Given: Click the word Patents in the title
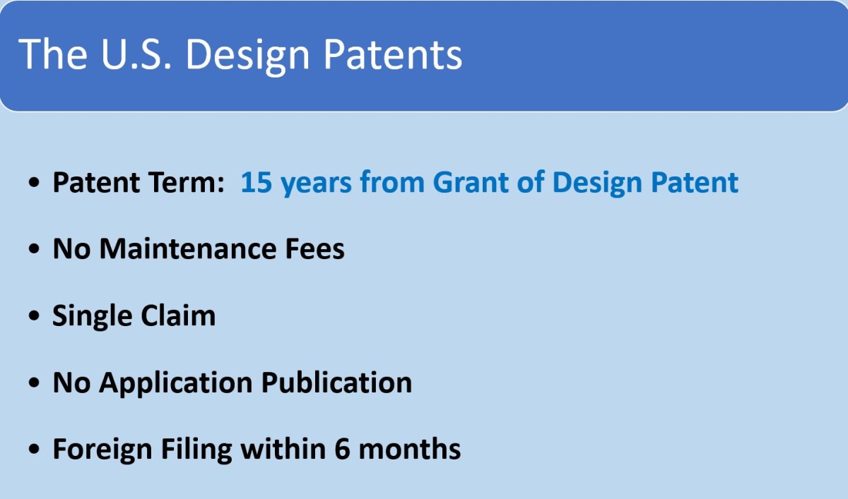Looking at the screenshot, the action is (393, 54).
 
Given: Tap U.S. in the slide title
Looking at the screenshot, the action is (136, 54).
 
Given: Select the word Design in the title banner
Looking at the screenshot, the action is (247, 56).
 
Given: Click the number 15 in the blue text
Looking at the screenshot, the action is (257, 182).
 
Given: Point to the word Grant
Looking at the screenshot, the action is (471, 182).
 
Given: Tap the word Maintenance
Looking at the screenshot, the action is (188, 248).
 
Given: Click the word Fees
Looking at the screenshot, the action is (314, 248).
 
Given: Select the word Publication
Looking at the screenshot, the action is (336, 382).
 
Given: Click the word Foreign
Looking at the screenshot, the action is (102, 450).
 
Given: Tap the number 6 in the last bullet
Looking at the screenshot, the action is (342, 449).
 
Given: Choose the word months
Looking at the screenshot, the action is (410, 448).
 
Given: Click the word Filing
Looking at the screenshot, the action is (196, 450).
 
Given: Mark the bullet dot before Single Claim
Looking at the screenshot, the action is (34, 315).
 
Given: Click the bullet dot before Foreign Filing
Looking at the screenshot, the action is (34, 449).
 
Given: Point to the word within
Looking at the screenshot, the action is (283, 448).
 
